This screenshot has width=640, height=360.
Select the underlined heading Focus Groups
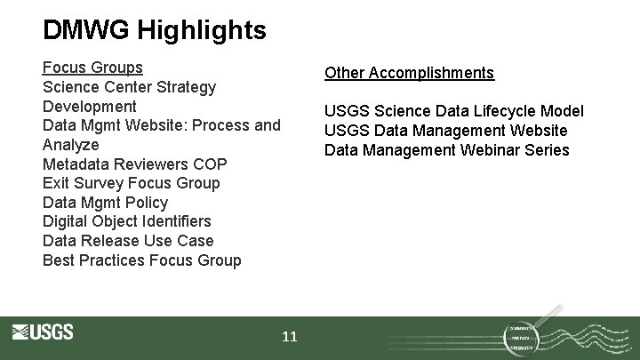tap(92, 68)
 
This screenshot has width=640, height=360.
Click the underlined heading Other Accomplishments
tap(409, 73)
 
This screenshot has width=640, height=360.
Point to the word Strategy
tap(186, 87)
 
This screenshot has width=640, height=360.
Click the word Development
tap(90, 107)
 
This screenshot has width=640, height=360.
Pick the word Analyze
tap(71, 145)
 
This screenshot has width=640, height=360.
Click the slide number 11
tap(290, 337)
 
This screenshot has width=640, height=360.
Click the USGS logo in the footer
tap(43, 332)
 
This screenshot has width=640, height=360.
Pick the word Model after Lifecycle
tap(563, 111)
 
